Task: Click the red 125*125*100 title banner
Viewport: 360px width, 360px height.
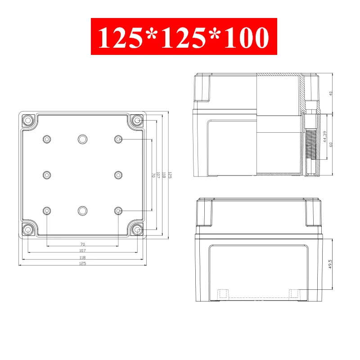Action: pos(184,36)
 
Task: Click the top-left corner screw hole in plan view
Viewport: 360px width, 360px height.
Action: pos(28,120)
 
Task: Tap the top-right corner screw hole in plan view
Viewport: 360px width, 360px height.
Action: pos(137,120)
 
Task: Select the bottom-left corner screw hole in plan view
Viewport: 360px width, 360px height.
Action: pos(28,229)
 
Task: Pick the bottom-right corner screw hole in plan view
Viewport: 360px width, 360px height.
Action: pos(137,229)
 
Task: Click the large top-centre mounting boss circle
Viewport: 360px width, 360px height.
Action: pos(82,139)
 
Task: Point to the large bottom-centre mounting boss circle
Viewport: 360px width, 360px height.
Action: pos(82,211)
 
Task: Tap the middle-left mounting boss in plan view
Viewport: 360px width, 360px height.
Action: pos(47,175)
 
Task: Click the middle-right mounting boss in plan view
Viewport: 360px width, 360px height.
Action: pos(118,175)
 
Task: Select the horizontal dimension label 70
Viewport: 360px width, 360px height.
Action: pos(83,244)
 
